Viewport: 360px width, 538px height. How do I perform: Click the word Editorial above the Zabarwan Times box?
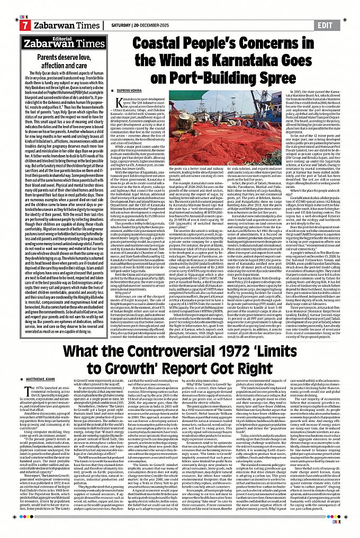(x=55, y=39)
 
